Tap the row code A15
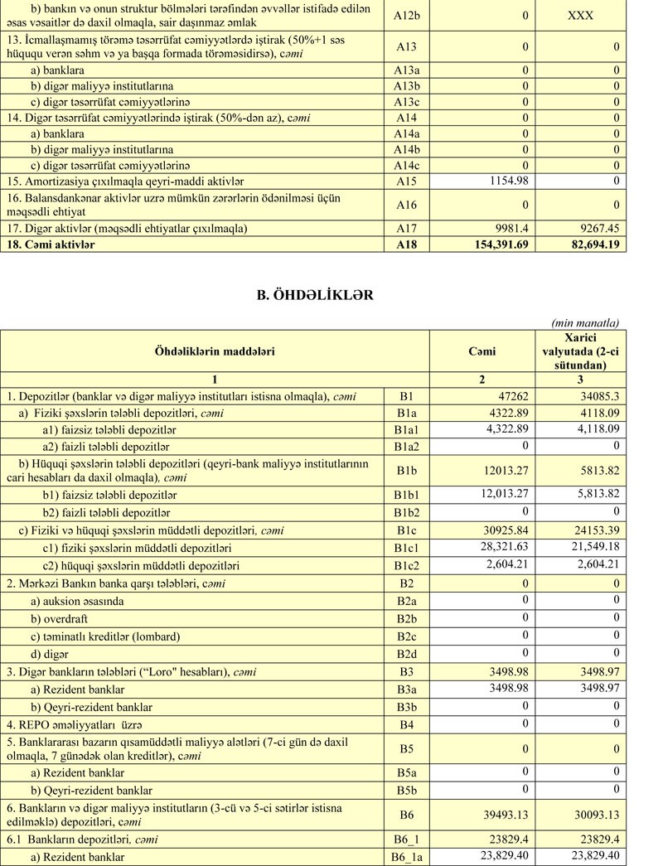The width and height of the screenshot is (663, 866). click(x=406, y=181)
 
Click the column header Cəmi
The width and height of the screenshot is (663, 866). click(x=482, y=351)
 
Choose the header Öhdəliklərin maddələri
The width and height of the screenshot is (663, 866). click(x=215, y=351)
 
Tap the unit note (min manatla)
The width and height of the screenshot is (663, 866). click(x=585, y=322)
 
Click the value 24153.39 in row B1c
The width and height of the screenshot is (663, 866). click(x=592, y=532)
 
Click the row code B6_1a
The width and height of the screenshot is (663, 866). click(x=406, y=857)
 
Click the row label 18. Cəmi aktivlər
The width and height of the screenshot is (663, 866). click(x=51, y=244)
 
